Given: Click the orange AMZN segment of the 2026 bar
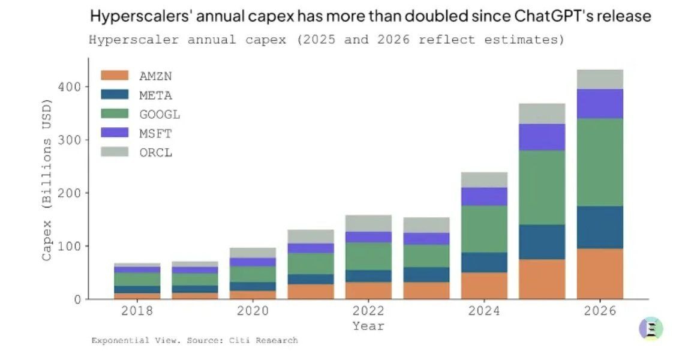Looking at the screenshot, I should (x=600, y=274).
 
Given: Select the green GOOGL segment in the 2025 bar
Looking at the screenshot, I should (x=542, y=187).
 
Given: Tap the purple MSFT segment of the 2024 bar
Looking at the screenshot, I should (x=484, y=196).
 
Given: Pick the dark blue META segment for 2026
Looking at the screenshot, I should (x=600, y=227).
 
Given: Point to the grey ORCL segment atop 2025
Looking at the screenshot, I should (x=542, y=113).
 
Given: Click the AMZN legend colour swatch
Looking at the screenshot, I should (x=115, y=76).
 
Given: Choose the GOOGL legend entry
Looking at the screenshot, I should (x=159, y=114).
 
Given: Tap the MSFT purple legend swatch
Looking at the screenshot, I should (x=115, y=133).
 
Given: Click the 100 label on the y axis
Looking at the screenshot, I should (x=70, y=246).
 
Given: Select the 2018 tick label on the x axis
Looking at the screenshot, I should (x=137, y=311).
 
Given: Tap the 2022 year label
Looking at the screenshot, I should (x=368, y=311).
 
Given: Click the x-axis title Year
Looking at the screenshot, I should (x=368, y=326).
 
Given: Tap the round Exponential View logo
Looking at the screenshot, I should (x=651, y=328).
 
